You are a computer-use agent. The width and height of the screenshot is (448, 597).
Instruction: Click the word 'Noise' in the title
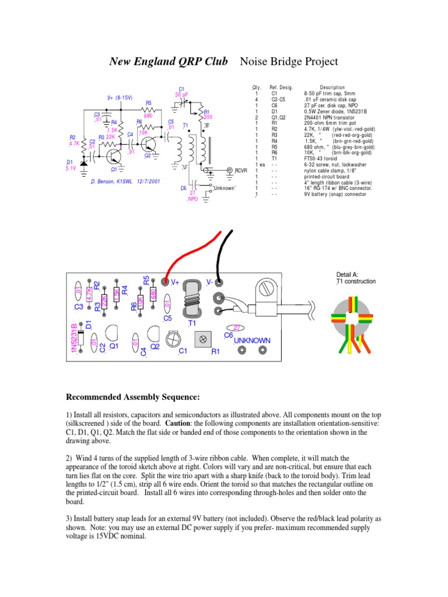click(x=256, y=61)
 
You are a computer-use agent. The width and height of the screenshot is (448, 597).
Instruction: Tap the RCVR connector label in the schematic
click(x=242, y=170)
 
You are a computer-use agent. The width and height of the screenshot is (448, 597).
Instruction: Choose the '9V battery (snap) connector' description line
click(x=335, y=194)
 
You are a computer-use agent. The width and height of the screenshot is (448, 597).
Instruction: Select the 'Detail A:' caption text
click(x=348, y=275)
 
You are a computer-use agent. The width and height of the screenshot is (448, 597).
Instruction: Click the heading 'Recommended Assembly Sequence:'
click(x=133, y=398)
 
